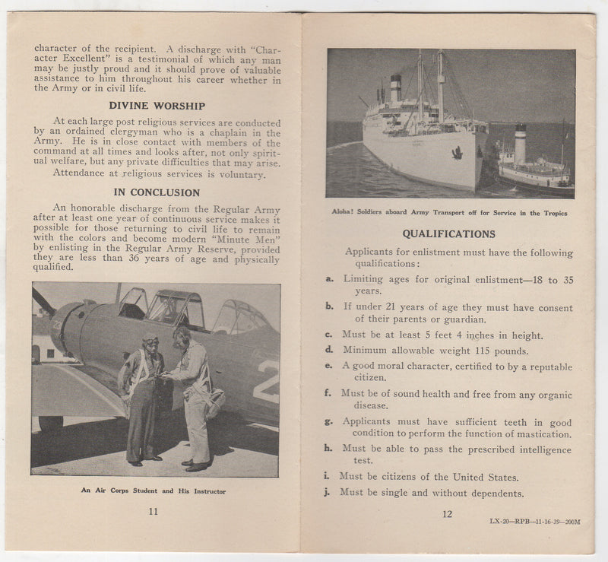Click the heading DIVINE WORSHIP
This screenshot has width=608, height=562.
click(157, 106)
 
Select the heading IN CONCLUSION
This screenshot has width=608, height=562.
click(157, 192)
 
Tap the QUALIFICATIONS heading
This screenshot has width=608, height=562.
click(448, 234)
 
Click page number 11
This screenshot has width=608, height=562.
click(153, 511)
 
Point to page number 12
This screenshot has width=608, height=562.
click(447, 514)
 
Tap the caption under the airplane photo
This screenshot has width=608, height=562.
click(153, 491)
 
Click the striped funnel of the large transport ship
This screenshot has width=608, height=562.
click(396, 89)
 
